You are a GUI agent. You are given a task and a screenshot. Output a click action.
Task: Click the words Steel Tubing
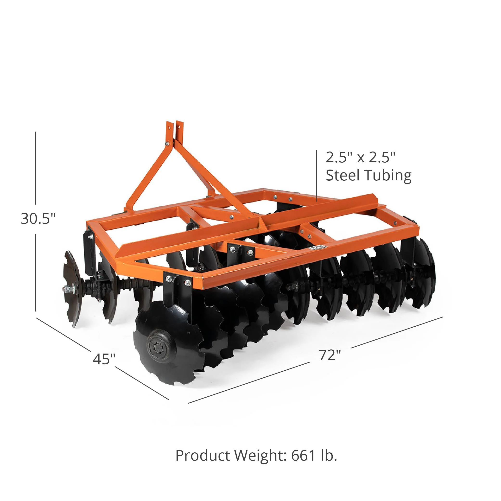tap(368, 176)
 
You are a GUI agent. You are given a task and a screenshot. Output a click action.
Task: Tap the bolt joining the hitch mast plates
tap(167, 144)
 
